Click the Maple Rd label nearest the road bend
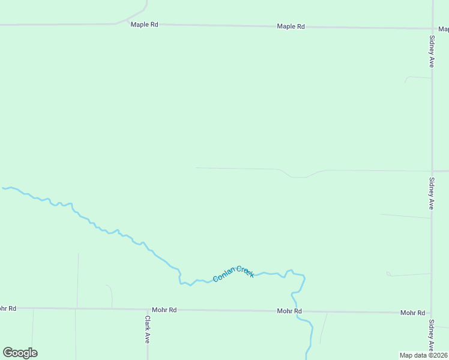point(144,25)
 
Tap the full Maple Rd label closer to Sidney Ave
point(291,26)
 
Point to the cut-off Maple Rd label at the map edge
point(443,28)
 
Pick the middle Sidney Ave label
point(432,193)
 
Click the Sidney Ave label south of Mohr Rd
point(432,335)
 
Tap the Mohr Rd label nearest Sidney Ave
point(412,313)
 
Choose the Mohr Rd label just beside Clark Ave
point(164,310)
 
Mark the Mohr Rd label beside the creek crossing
point(289,311)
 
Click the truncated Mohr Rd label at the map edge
point(7,308)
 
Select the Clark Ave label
point(147,329)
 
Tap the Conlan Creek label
point(234,274)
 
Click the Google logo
point(20,353)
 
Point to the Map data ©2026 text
point(423,355)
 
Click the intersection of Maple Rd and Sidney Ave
point(432,28)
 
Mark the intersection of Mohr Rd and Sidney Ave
point(431,313)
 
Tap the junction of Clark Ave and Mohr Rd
point(147,310)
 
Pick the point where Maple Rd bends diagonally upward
point(116,24)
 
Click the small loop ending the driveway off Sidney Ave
point(388,274)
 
